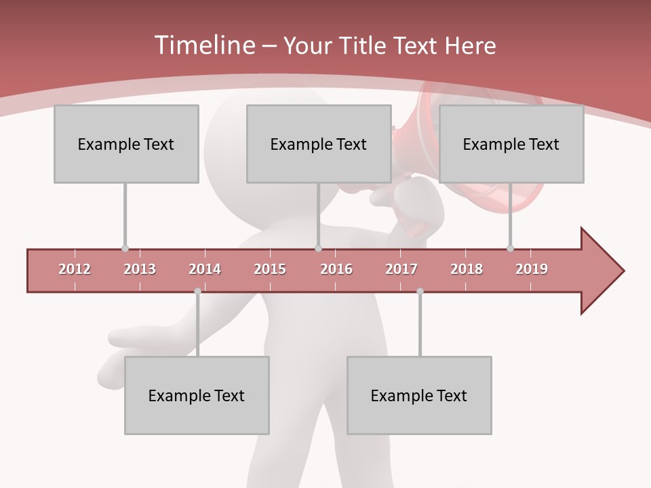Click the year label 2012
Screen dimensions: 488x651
click(75, 269)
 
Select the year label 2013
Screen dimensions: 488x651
click(140, 269)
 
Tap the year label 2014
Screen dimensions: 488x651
click(205, 269)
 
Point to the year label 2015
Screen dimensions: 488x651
click(270, 269)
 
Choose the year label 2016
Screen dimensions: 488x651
click(336, 269)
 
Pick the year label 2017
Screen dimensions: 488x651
click(401, 269)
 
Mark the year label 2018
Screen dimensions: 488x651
click(467, 269)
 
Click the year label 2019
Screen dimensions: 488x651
click(532, 269)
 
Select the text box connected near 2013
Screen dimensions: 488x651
click(126, 144)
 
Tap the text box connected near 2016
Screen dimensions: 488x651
click(319, 144)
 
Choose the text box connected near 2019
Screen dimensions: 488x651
click(511, 144)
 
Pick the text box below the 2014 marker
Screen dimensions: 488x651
click(197, 395)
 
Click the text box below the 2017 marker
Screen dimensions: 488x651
click(419, 395)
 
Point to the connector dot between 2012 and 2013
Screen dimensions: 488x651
click(125, 249)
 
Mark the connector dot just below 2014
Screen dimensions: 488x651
click(197, 291)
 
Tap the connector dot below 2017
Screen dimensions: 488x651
click(420, 291)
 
